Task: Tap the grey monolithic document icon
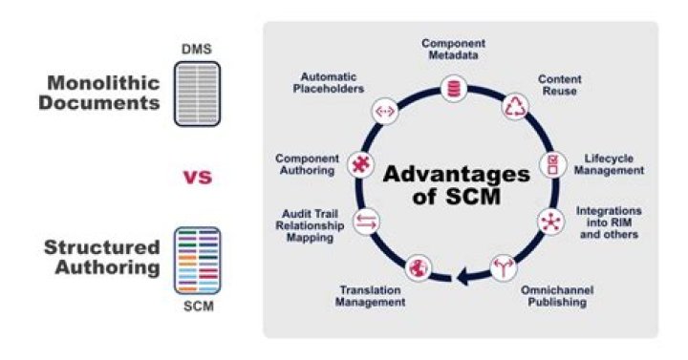click(197, 93)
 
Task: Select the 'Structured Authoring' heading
click(101, 259)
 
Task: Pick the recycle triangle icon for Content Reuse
click(516, 106)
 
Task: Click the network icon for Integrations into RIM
click(550, 221)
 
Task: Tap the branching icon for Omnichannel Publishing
click(503, 268)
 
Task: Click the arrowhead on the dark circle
click(463, 278)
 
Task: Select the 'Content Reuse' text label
click(562, 86)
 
